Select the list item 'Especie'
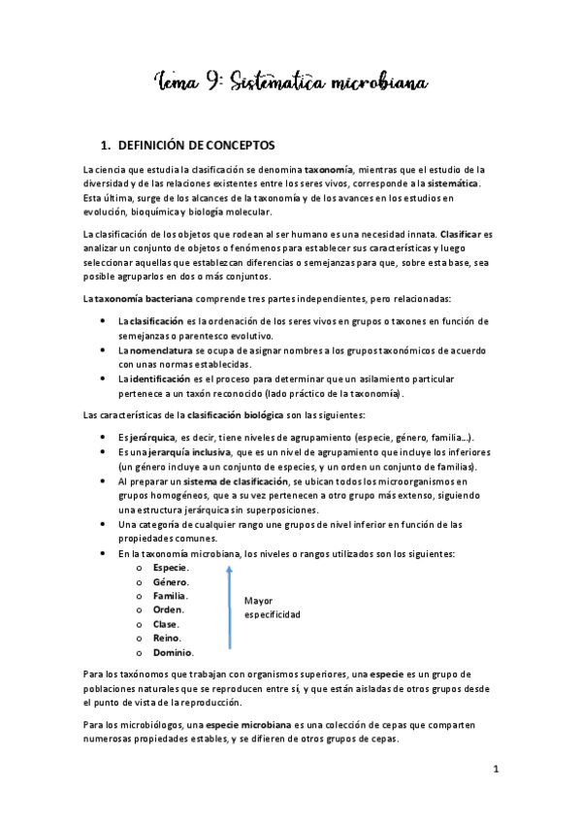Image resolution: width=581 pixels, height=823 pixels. click(x=170, y=567)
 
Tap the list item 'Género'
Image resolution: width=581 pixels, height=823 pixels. click(x=170, y=581)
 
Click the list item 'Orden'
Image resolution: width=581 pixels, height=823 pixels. click(x=168, y=609)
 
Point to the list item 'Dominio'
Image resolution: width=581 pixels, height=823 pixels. click(x=173, y=652)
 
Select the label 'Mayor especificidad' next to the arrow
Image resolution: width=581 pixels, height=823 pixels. click(x=272, y=608)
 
